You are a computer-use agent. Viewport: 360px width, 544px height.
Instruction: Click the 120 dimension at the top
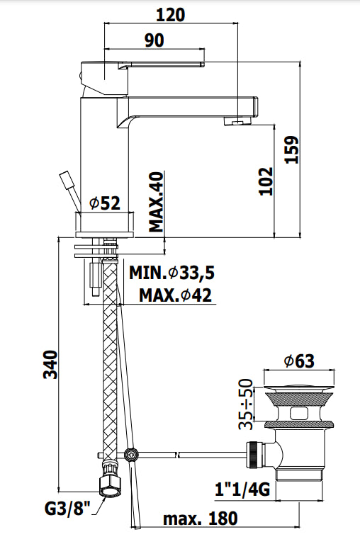pyautogui.click(x=170, y=15)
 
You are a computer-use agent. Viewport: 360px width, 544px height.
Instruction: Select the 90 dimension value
pyautogui.click(x=154, y=40)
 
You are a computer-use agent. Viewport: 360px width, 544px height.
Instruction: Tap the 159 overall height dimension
pyautogui.click(x=291, y=149)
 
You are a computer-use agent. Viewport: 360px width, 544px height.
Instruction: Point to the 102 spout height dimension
pyautogui.click(x=266, y=181)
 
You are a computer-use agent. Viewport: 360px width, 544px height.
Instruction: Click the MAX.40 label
pyautogui.click(x=156, y=202)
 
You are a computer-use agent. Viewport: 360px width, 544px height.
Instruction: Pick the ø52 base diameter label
pyautogui.click(x=105, y=203)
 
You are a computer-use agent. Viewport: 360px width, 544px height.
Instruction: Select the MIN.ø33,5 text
pyautogui.click(x=171, y=273)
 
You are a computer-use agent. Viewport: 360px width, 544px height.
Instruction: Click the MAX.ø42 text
pyautogui.click(x=175, y=295)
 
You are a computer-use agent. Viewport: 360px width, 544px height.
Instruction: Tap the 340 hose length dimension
pyautogui.click(x=50, y=365)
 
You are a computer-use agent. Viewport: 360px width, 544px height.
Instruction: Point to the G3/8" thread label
pyautogui.click(x=67, y=509)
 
